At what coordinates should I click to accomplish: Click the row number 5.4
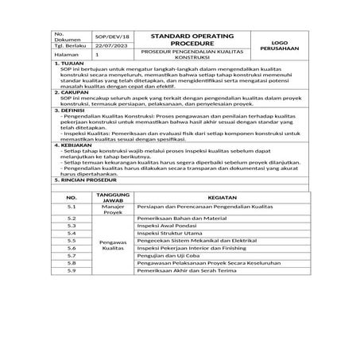(71, 233)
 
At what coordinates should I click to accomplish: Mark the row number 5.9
(71, 271)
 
